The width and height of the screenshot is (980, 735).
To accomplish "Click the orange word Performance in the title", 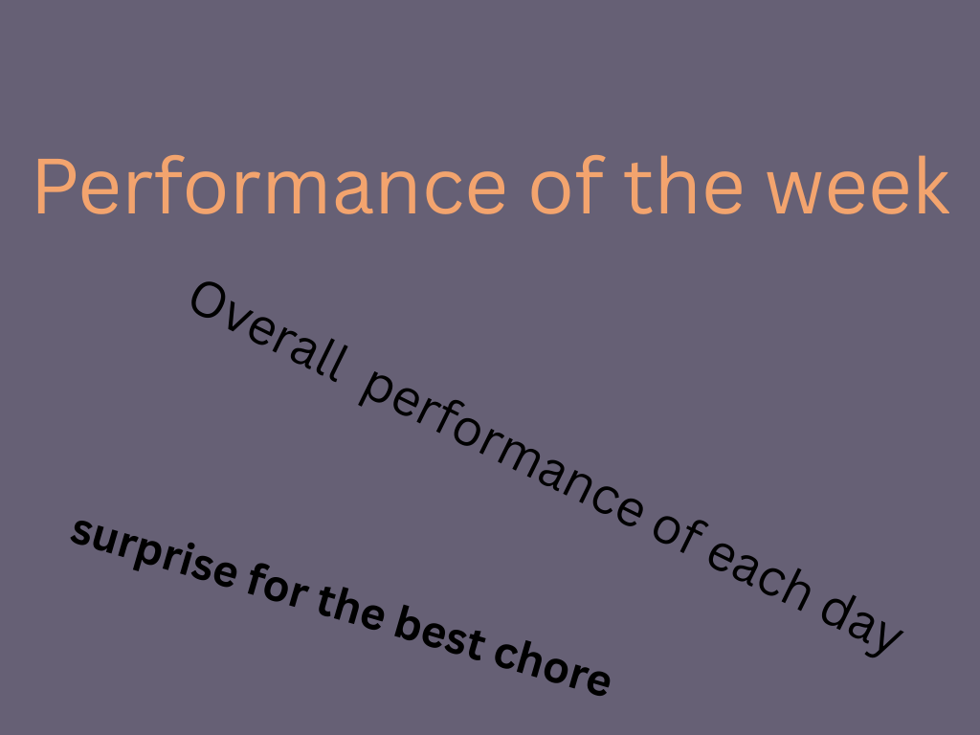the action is [269, 187].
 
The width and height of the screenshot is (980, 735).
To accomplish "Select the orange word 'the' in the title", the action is [683, 187].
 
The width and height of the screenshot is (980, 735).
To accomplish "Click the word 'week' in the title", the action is [857, 187].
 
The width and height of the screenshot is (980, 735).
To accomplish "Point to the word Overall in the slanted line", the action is [267, 330].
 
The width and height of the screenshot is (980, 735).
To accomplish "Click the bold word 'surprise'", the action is [154, 554].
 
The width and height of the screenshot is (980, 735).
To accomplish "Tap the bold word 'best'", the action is [439, 635].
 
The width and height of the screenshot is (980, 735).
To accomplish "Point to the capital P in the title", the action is [56, 187].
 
